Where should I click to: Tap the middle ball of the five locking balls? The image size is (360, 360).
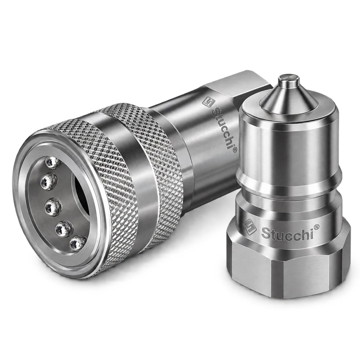pyautogui.click(x=54, y=205)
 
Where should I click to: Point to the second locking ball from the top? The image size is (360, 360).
pyautogui.click(x=49, y=181)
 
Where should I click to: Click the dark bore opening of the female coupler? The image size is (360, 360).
pyautogui.click(x=80, y=195)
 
